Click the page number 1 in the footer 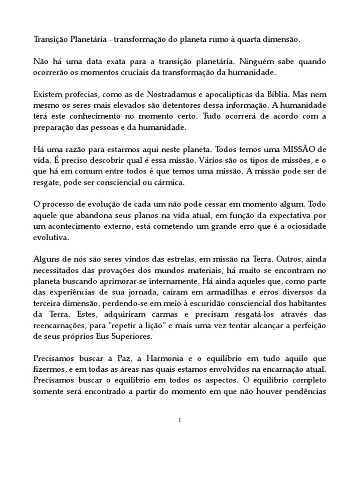[180, 420]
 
